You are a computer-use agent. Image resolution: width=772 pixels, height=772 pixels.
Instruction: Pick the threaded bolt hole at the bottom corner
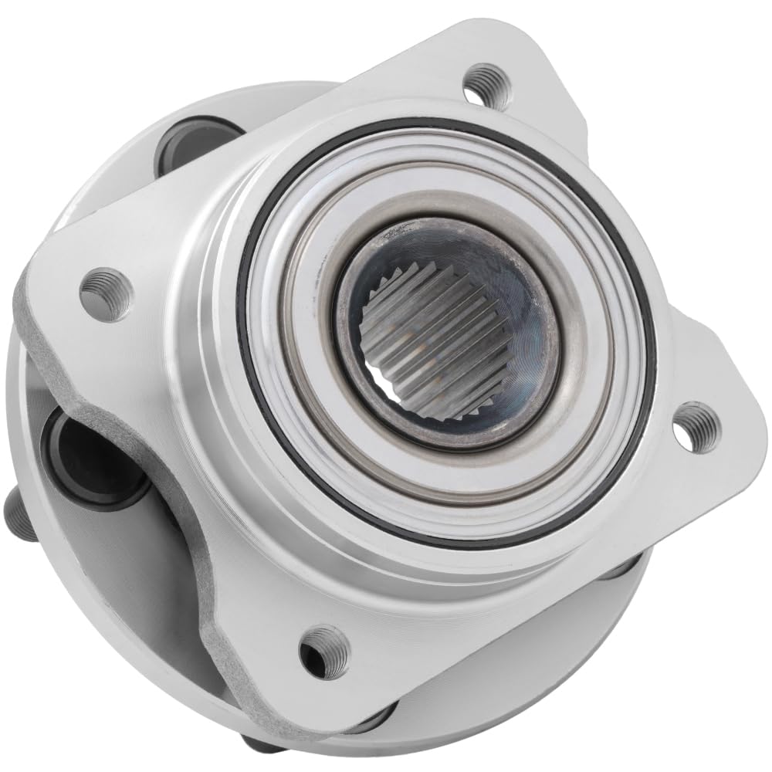[x=324, y=650]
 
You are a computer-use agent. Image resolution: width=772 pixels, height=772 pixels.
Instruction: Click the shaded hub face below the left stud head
[x=116, y=587]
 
